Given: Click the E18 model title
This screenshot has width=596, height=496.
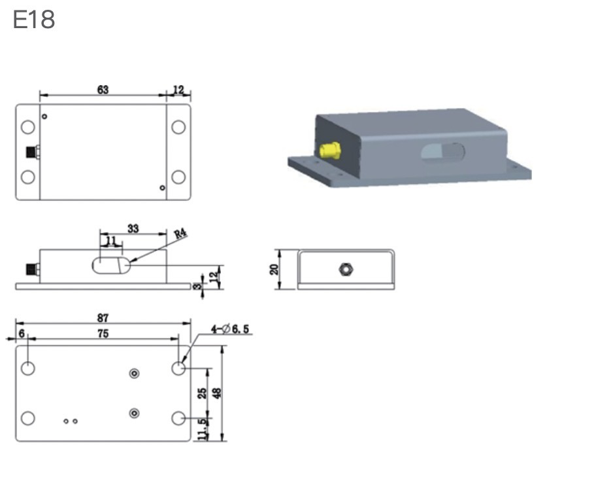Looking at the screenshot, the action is point(34,20).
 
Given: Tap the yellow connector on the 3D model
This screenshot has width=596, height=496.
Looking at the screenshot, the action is point(330,151).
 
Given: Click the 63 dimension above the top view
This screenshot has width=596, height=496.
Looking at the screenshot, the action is point(103,90).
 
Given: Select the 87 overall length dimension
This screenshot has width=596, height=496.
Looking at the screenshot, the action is point(103,317).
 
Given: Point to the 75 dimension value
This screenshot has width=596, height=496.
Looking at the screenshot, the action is point(103,334).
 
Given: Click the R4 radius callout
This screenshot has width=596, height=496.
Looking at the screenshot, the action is point(180,233).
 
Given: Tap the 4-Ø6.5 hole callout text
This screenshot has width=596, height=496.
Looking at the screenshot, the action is point(230,328).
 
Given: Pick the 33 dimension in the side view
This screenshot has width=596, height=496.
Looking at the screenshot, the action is point(133,228).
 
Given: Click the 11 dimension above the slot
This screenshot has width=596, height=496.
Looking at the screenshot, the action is point(111,241).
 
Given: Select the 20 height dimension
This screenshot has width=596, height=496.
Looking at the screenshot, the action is point(274,270).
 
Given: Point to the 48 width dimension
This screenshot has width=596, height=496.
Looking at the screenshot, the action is point(217,393).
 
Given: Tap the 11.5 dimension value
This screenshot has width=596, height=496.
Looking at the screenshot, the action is point(203,429).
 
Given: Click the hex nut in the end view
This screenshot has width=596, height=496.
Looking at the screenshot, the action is point(346,270).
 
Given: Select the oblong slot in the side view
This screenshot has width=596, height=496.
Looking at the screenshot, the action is point(111,265).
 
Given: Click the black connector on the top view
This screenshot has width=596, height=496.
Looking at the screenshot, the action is point(33,152).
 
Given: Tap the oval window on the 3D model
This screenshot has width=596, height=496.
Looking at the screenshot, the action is point(443,152).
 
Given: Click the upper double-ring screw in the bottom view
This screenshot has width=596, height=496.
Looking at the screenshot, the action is point(134,374).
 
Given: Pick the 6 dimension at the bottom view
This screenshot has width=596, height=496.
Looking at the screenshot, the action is point(22,334).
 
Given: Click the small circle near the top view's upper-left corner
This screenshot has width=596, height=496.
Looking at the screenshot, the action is point(44,116).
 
